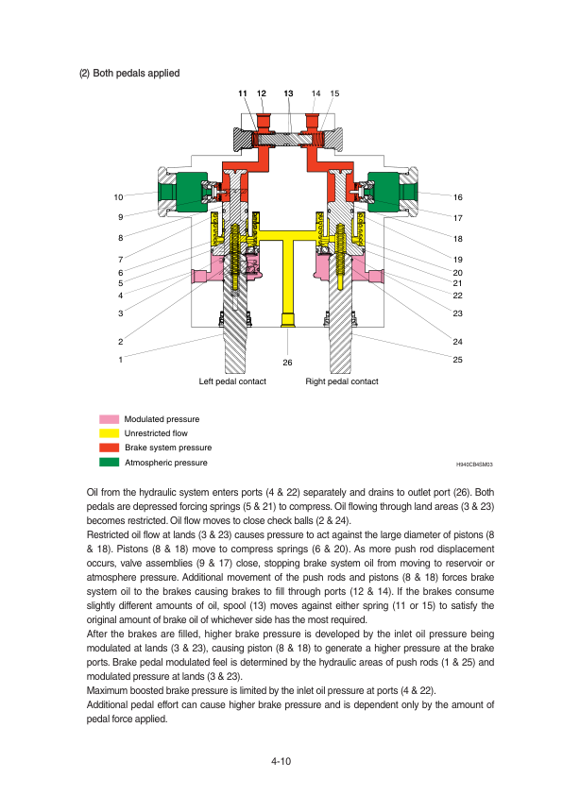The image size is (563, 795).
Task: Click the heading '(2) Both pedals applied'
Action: point(129,73)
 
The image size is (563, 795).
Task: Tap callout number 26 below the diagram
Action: point(287,363)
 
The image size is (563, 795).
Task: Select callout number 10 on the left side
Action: point(118,197)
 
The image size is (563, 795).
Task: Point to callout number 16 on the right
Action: point(458,197)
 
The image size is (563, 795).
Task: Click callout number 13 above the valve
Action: point(289,93)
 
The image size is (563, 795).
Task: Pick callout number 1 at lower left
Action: point(120,360)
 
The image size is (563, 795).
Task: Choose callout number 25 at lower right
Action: point(457,360)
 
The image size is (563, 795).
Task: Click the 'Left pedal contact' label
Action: point(232,381)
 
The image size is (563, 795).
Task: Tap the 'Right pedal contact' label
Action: point(342,381)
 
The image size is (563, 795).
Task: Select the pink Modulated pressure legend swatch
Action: point(109,419)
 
